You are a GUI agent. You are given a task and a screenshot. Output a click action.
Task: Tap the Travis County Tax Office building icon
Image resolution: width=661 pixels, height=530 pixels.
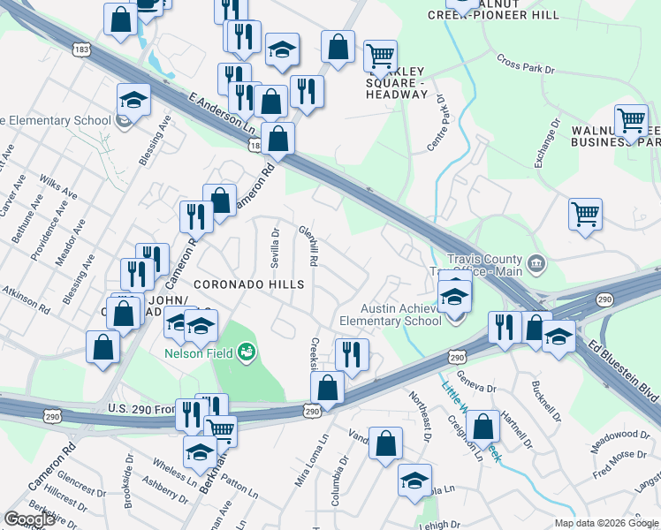[536, 264]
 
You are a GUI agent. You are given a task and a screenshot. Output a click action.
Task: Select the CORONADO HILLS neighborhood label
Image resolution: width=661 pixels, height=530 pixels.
[248, 284]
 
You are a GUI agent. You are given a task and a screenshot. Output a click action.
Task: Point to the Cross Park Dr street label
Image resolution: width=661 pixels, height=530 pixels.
[525, 64]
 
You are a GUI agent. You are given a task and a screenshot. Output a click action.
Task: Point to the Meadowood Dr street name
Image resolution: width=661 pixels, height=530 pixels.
[619, 435]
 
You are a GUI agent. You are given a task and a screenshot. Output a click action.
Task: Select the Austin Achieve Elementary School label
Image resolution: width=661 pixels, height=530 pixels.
[390, 314]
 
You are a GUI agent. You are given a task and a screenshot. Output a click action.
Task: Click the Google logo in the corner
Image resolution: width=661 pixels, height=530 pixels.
[30, 519]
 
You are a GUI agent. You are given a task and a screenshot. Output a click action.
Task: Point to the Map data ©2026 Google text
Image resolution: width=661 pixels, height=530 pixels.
[606, 523]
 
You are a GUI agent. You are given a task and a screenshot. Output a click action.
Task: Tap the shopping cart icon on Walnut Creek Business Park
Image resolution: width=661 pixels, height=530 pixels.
[631, 123]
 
